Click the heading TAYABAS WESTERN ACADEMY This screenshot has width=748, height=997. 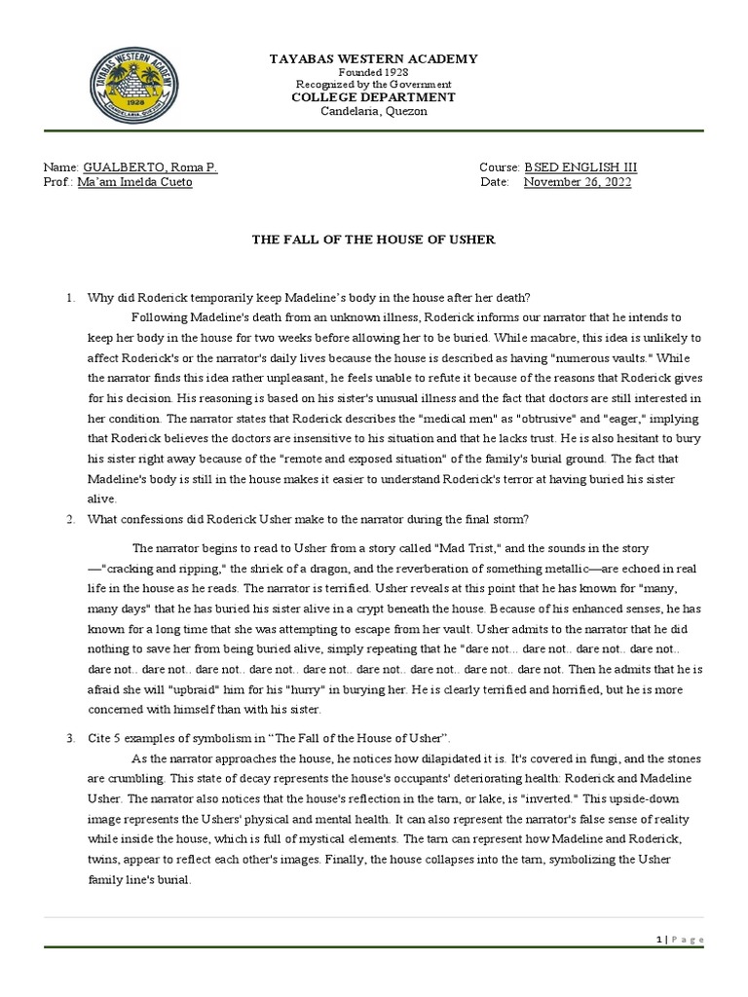pos(373,59)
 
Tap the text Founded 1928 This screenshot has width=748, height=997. pos(373,73)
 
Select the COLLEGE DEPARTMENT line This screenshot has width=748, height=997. pos(373,97)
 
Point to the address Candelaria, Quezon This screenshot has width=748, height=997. pos(373,111)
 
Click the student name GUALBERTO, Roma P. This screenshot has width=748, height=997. pos(151,167)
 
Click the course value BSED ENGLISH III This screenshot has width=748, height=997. pos(580,167)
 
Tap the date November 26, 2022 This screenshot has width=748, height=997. pos(578,182)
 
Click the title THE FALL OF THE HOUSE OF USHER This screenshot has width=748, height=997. pos(373,240)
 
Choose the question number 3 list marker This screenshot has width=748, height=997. pos(70,738)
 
